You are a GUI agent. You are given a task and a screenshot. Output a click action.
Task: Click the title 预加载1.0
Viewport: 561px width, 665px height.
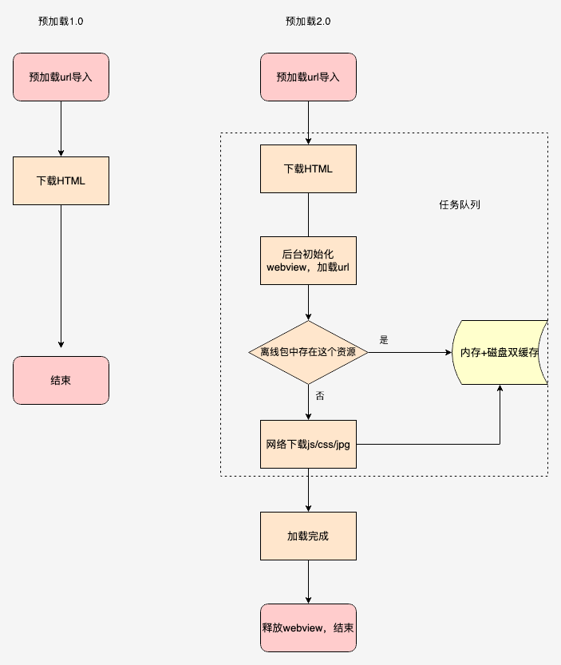click(61, 22)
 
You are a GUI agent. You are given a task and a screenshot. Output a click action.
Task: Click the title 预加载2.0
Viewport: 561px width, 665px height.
click(308, 22)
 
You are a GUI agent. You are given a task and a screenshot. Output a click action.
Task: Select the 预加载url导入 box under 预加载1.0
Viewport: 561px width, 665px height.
click(61, 77)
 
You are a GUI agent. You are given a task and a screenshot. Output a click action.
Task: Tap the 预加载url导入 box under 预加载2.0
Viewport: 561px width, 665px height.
click(308, 77)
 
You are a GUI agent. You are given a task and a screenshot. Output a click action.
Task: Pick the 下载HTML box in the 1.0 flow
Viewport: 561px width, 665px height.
click(61, 180)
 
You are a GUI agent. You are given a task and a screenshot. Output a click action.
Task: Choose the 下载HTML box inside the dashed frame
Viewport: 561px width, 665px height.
click(308, 169)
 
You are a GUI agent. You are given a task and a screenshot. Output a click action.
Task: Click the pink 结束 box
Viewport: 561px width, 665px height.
click(61, 380)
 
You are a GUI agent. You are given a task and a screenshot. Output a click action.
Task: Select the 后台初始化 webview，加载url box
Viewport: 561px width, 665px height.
click(308, 260)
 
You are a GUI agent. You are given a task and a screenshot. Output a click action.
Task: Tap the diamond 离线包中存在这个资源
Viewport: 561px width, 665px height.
click(308, 352)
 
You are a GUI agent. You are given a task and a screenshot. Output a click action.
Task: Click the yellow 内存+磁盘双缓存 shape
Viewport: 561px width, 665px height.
click(499, 352)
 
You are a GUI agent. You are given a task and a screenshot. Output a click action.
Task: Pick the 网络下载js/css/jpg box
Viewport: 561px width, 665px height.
click(308, 444)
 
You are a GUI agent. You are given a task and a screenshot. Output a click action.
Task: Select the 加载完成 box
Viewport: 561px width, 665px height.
click(308, 536)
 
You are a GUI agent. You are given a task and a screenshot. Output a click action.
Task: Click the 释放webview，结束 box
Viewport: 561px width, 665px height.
click(308, 627)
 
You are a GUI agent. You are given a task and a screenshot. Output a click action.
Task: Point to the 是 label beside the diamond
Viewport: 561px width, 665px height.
click(384, 339)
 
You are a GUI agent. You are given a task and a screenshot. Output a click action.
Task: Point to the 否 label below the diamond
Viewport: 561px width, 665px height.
click(319, 396)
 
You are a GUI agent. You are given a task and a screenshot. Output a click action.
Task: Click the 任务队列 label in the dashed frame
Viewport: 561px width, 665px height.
click(459, 205)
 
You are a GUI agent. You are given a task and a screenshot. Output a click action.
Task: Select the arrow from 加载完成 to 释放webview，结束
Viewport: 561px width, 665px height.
click(308, 580)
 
